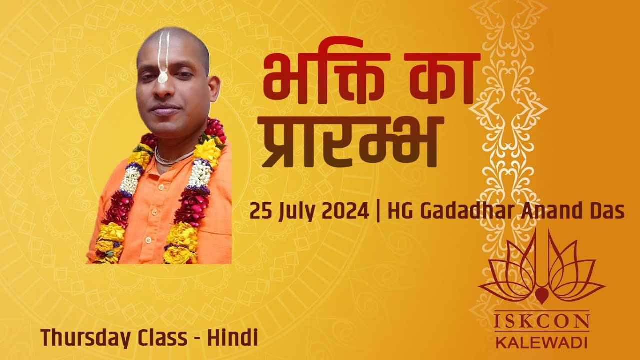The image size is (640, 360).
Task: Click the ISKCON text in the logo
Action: click(541, 322)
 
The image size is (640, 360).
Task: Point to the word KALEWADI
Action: click(541, 343)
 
